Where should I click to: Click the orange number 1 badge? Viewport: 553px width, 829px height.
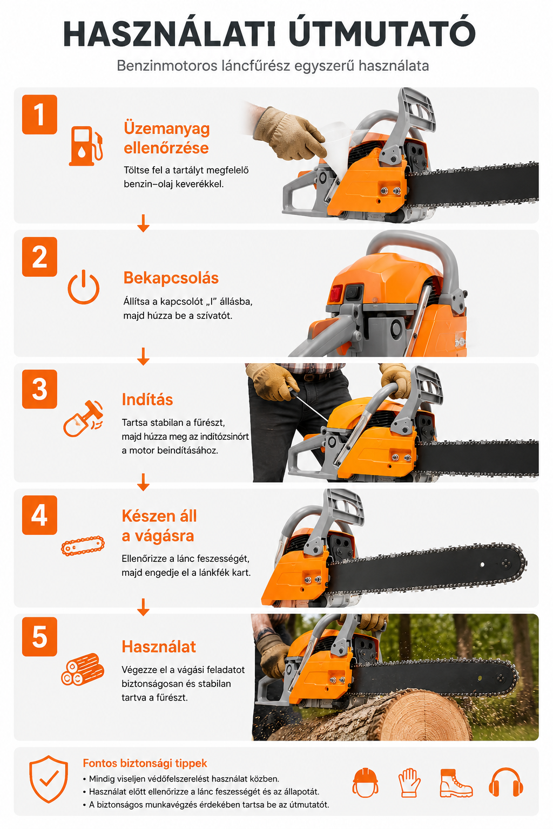(39, 114)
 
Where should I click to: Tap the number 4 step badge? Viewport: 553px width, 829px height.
(39, 515)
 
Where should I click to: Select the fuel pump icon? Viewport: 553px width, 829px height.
(85, 146)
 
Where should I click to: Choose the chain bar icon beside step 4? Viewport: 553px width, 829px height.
(83, 546)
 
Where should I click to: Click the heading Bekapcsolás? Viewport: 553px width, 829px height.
(171, 278)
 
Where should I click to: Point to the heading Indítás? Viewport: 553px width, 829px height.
(147, 400)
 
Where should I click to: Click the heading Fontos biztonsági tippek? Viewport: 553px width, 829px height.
(145, 763)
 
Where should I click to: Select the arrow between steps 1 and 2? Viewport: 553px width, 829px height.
(143, 223)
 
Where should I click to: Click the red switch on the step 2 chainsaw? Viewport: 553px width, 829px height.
(336, 294)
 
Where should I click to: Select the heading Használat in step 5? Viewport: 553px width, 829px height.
(159, 647)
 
